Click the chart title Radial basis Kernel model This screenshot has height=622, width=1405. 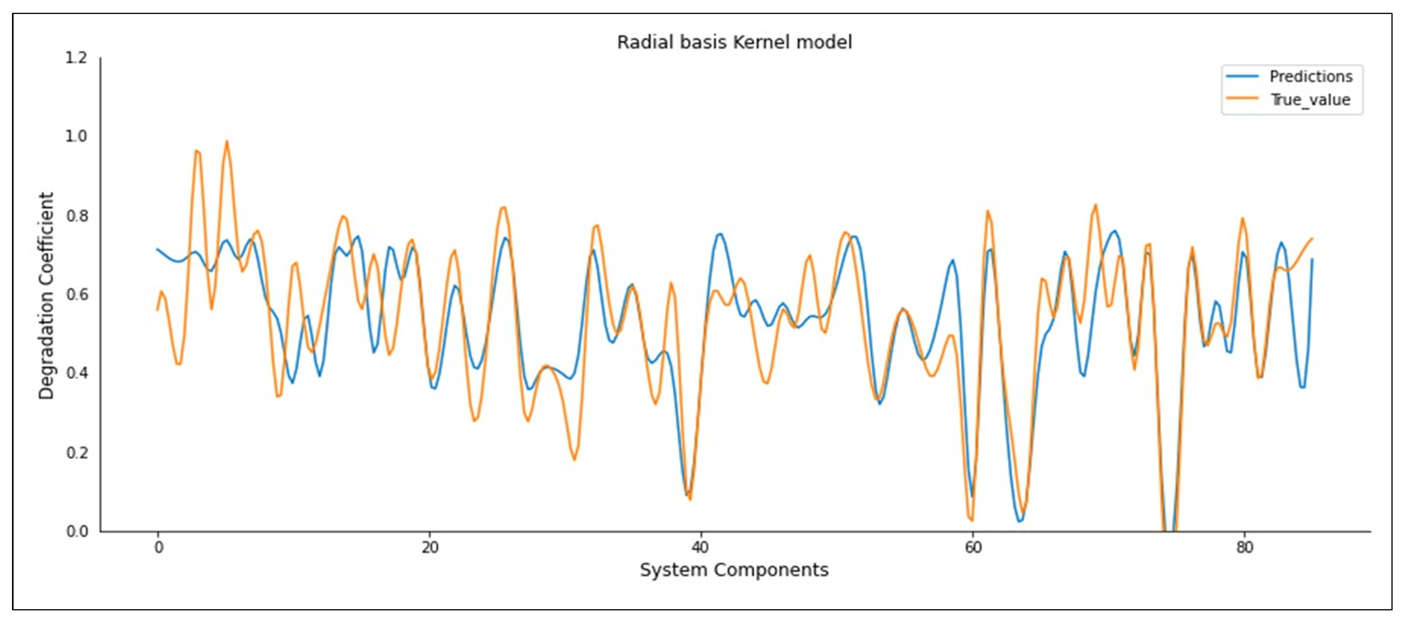pyautogui.click(x=734, y=42)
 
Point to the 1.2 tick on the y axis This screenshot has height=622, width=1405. pyautogui.click(x=76, y=57)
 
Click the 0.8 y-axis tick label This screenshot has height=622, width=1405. pyautogui.click(x=76, y=216)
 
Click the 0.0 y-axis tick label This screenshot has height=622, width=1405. pyautogui.click(x=76, y=531)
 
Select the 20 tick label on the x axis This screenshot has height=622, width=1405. pyautogui.click(x=430, y=547)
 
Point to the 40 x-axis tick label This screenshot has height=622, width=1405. pyautogui.click(x=700, y=547)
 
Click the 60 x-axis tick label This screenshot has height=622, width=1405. pyautogui.click(x=973, y=547)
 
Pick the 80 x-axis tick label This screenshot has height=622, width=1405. pyautogui.click(x=1245, y=547)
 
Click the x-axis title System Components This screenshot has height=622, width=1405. pyautogui.click(x=734, y=570)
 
